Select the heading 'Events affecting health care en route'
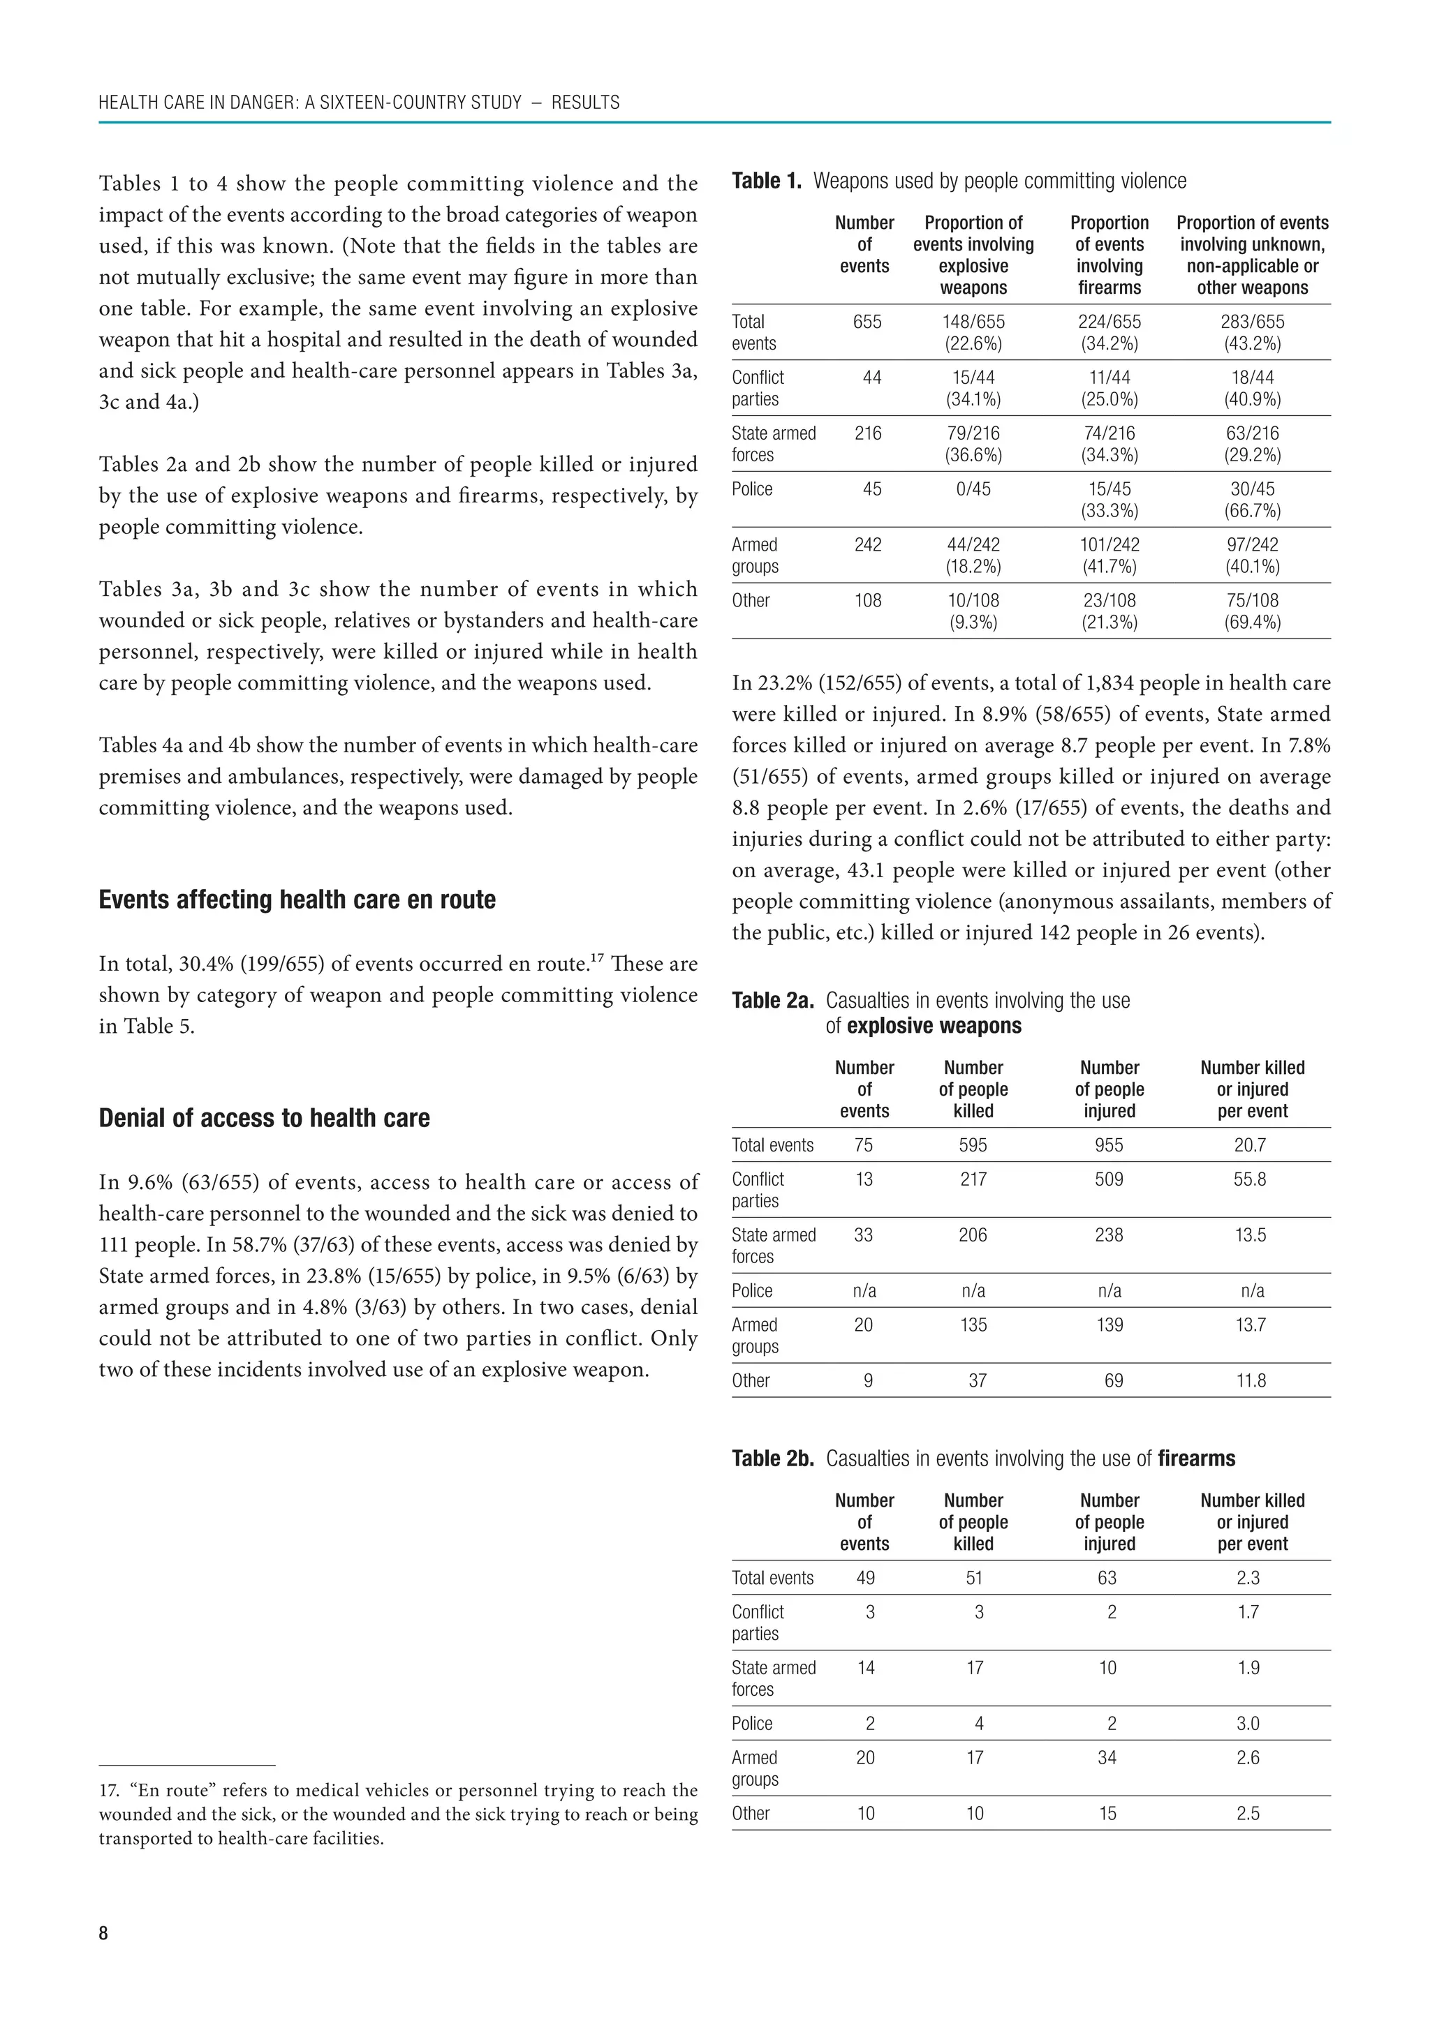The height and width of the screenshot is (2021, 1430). pos(297,900)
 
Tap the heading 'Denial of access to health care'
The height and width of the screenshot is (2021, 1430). pos(264,1118)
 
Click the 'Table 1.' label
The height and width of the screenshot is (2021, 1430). pos(766,181)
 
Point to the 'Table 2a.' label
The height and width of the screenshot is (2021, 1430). pos(772,1001)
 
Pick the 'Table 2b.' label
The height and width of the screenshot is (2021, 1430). pos(772,1459)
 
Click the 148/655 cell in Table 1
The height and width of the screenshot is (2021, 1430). pos(973,322)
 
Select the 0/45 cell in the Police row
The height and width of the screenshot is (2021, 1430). pos(973,489)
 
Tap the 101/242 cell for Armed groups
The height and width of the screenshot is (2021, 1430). pos(1109,545)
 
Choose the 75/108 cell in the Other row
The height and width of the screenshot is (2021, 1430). pos(1252,600)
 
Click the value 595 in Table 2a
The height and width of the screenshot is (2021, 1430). pos(973,1145)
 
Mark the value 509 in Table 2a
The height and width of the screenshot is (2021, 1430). pos(1109,1179)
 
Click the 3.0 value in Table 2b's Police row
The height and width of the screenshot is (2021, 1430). pos(1248,1724)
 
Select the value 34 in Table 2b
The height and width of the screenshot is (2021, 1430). pos(1107,1758)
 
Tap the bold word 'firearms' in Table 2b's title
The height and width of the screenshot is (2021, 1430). pos(1196,1459)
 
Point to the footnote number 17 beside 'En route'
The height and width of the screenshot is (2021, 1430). pos(108,1791)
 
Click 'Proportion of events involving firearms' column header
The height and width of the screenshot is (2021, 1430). pos(1110,255)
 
